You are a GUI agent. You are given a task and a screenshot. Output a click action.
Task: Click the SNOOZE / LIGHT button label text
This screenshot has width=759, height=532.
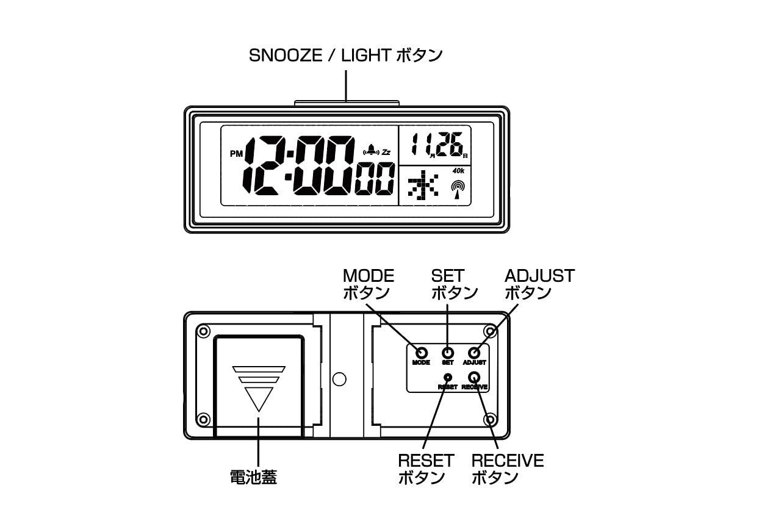[x=345, y=56]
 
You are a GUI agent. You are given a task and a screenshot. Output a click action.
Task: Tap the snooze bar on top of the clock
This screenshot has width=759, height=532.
[x=347, y=103]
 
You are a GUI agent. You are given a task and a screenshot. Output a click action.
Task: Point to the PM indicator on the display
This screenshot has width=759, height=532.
[x=236, y=154]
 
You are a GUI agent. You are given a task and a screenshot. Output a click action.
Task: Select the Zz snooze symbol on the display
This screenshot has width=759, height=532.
[x=386, y=151]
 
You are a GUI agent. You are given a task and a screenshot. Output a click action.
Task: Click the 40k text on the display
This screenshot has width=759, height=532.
[x=458, y=171]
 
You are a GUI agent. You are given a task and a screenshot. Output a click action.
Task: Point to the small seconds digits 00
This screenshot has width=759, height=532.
[x=374, y=180]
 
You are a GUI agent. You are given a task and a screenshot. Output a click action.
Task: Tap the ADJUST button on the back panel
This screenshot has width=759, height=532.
[x=475, y=353]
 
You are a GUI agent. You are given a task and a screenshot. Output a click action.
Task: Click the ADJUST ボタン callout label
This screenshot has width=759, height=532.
[x=539, y=284]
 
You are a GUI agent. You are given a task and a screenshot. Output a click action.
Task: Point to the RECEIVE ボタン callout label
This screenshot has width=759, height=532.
[x=508, y=469]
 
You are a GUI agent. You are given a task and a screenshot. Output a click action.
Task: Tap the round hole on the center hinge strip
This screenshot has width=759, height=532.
[x=340, y=379]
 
